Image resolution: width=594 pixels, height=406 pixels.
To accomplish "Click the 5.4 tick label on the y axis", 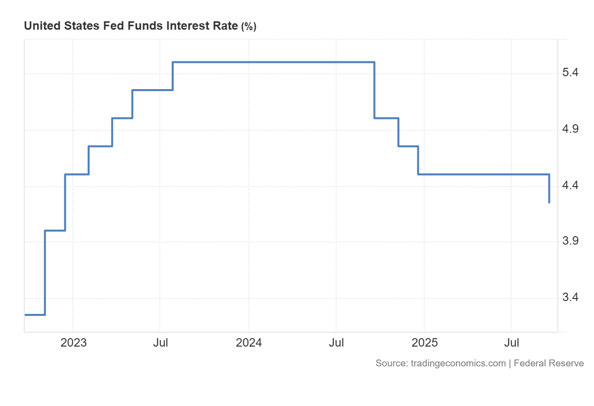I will [x=570, y=73].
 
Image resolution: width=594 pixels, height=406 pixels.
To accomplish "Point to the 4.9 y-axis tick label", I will [x=570, y=130].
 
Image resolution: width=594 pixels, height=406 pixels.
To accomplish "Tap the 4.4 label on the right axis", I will [x=570, y=186].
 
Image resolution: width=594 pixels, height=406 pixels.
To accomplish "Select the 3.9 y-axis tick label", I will [x=570, y=242].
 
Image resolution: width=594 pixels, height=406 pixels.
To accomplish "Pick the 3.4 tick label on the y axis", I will [x=570, y=298].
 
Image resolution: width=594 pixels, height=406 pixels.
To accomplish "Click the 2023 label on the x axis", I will [x=73, y=343].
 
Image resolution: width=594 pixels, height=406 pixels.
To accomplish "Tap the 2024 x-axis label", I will [x=249, y=343].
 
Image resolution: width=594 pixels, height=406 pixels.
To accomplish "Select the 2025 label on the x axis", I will [x=425, y=343].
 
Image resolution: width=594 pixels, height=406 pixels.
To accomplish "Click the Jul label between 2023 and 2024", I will [x=160, y=343].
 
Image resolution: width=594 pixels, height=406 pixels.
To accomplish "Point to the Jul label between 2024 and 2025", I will [x=337, y=343].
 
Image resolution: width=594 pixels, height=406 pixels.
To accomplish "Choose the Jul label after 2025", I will [x=512, y=343].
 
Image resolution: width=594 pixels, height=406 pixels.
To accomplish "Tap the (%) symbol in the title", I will [x=248, y=27].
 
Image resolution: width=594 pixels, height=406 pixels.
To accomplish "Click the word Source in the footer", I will [x=391, y=363].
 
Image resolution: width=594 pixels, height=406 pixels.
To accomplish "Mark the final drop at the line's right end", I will [x=549, y=189].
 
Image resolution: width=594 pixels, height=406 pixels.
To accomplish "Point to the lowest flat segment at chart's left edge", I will [x=35, y=314].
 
